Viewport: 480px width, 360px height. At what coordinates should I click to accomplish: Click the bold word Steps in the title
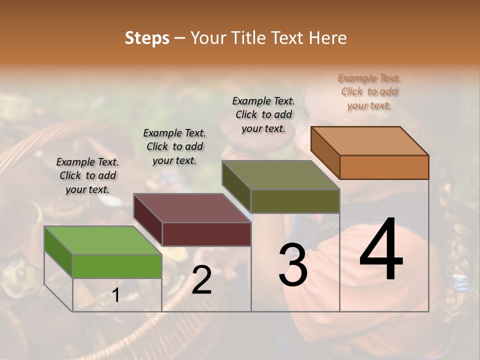tap(147, 38)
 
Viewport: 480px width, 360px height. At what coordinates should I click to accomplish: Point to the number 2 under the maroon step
tap(201, 280)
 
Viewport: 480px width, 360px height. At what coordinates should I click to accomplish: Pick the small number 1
tap(115, 296)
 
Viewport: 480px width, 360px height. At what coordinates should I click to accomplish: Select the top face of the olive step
tap(280, 175)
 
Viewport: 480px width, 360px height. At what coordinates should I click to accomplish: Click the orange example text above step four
tap(369, 92)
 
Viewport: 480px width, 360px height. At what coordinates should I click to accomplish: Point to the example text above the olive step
tap(263, 114)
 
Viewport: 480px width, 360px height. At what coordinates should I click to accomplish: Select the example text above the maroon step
tap(174, 146)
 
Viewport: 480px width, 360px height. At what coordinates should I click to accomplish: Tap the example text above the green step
tap(87, 175)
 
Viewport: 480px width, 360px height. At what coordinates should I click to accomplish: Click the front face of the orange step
tap(384, 167)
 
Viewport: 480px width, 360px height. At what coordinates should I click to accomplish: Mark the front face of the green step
tap(117, 265)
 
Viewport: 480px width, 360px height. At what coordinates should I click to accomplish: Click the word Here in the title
tap(328, 38)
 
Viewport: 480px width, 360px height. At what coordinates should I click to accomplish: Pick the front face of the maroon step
tap(206, 234)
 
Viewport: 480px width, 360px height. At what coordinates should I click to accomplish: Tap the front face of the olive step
tap(295, 201)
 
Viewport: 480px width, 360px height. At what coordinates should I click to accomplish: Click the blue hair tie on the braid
tap(460, 283)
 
